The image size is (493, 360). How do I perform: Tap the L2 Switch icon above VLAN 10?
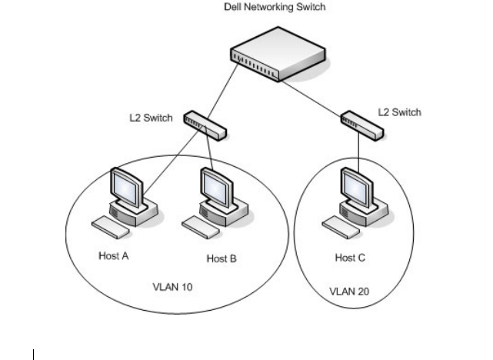pos(205,125)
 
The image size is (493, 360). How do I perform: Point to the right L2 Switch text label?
pos(400,112)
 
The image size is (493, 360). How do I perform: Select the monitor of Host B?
pos(214,184)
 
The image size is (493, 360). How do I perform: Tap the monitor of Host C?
pos(355,185)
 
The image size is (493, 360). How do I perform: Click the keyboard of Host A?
pos(106,224)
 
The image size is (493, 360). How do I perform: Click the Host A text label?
pos(114,256)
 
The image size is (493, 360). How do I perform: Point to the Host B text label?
pos(222,258)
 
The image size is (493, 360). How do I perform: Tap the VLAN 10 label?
pos(173,288)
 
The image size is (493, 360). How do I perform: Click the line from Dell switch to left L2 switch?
pos(225,95)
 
